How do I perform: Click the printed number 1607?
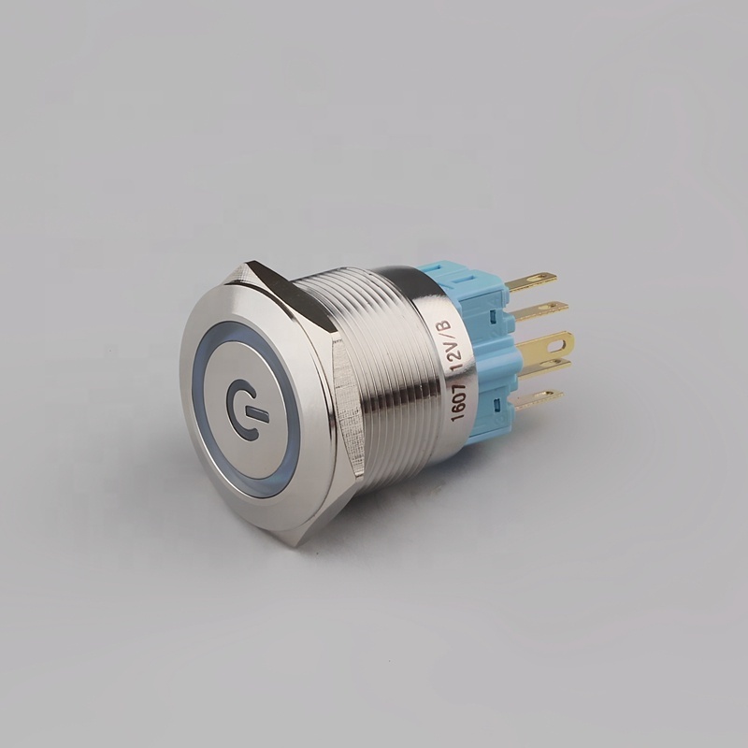tap(458, 402)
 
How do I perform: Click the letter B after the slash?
tap(446, 326)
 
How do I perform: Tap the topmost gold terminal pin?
tap(531, 281)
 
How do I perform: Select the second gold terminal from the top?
tap(539, 311)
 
